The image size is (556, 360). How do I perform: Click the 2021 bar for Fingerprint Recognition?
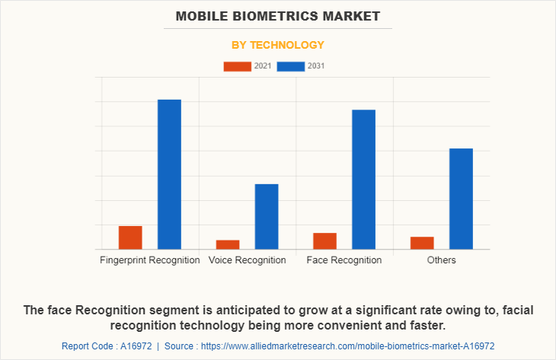[x=130, y=237]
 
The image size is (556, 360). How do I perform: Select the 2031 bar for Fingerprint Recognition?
[x=169, y=174]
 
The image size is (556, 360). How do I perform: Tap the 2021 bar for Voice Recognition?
[x=228, y=244]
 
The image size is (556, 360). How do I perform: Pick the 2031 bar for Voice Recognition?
[x=267, y=216]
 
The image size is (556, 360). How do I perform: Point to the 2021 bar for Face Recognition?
[x=324, y=241]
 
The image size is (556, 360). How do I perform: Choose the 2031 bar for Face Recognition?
[x=363, y=179]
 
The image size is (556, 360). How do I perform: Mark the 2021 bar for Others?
[x=422, y=243]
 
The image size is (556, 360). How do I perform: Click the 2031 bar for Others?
[x=461, y=199]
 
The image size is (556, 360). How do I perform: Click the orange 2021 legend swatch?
[x=237, y=66]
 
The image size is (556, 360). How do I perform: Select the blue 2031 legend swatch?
[x=291, y=66]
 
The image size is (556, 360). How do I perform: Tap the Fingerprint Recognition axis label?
[x=150, y=260]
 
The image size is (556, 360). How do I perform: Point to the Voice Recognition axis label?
[x=248, y=260]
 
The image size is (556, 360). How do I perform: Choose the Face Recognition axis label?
[x=344, y=260]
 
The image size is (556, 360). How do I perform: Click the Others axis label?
[x=442, y=260]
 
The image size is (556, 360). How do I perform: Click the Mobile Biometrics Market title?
[x=278, y=15]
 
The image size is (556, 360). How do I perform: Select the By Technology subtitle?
[x=278, y=45]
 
